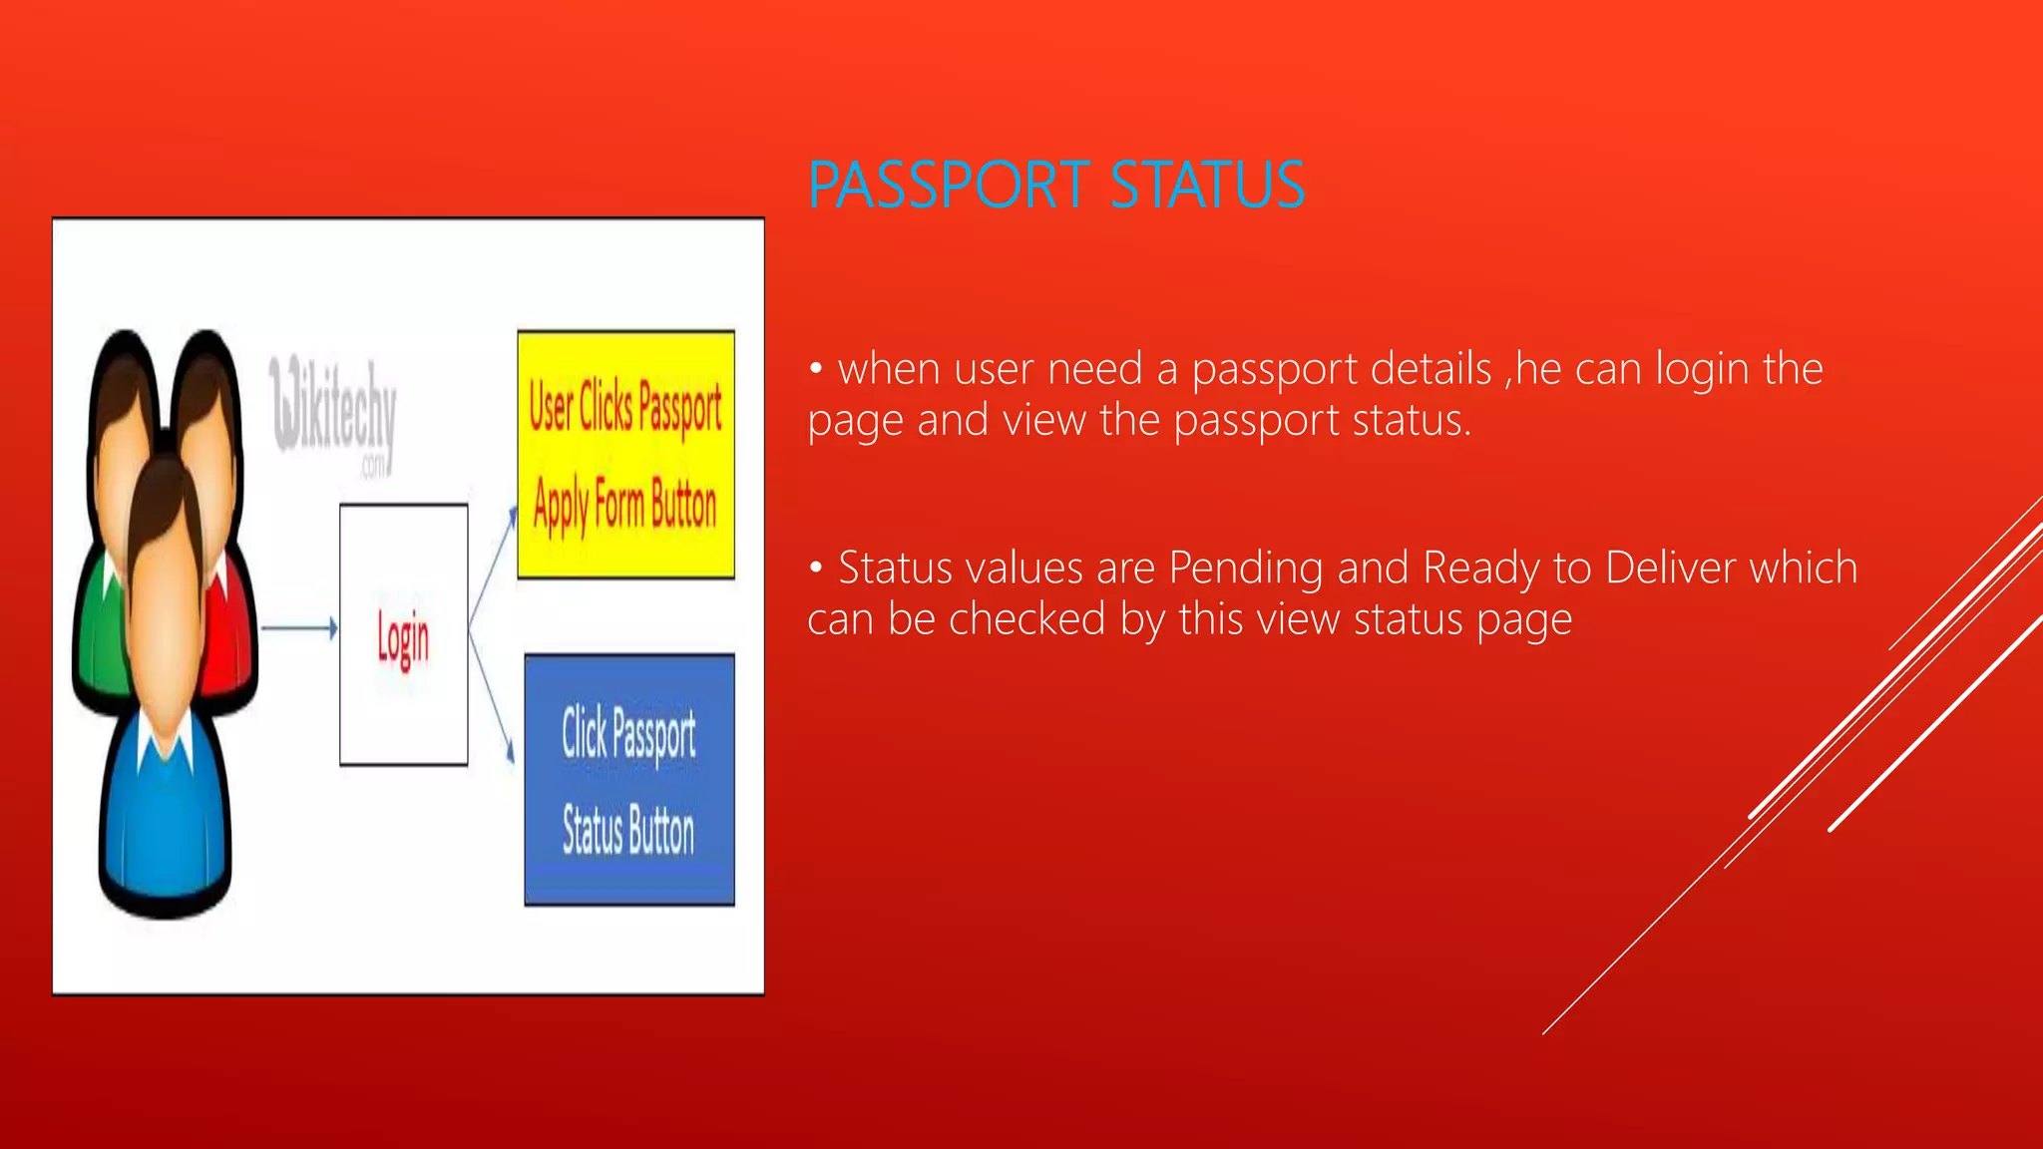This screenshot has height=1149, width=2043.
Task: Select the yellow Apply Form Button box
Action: (x=625, y=455)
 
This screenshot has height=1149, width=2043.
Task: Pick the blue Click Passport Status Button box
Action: (x=628, y=780)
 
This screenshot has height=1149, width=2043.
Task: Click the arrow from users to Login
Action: (x=299, y=628)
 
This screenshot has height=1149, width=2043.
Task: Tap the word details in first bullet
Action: (x=1430, y=370)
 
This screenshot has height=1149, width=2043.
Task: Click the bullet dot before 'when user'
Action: (x=816, y=370)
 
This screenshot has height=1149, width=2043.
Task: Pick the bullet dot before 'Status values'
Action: (x=816, y=569)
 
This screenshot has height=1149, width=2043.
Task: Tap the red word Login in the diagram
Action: (x=403, y=638)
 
